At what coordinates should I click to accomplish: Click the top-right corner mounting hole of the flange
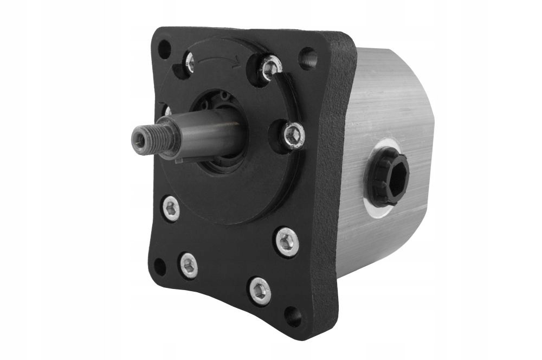coord(308,56)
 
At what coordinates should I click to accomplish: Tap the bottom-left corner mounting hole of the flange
coord(160,266)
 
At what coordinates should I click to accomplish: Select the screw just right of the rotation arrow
coord(269,67)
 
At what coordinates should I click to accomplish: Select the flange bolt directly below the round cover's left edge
coord(171,209)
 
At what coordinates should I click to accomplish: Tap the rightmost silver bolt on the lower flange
coord(286,239)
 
